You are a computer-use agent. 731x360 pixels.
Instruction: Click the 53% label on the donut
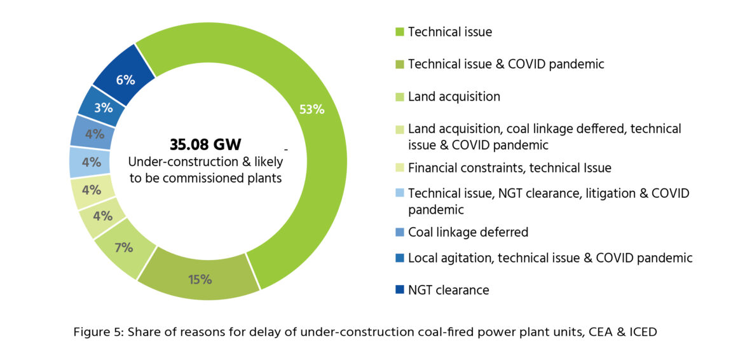pyautogui.click(x=311, y=109)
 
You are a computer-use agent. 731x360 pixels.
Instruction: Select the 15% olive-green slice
pyautogui.click(x=200, y=279)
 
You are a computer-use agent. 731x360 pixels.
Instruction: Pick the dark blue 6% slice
pyautogui.click(x=125, y=80)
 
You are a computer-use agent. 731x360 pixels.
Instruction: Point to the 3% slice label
pyautogui.click(x=103, y=107)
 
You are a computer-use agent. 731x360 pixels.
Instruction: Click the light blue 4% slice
pyautogui.click(x=92, y=162)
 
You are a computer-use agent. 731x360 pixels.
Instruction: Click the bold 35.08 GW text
pyautogui.click(x=205, y=144)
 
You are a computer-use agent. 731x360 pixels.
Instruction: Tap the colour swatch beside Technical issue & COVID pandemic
pyautogui.click(x=400, y=64)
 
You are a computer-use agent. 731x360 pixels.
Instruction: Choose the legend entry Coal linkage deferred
pyautogui.click(x=468, y=232)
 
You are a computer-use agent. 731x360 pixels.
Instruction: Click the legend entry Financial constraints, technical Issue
pyautogui.click(x=509, y=168)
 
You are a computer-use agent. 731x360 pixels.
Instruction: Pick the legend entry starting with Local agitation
pyautogui.click(x=550, y=258)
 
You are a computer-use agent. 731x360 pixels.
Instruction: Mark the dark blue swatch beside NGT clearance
pyautogui.click(x=400, y=290)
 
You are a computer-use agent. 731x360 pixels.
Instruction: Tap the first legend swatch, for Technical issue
pyautogui.click(x=400, y=31)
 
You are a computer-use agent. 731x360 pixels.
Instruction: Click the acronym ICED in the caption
pyautogui.click(x=640, y=332)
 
